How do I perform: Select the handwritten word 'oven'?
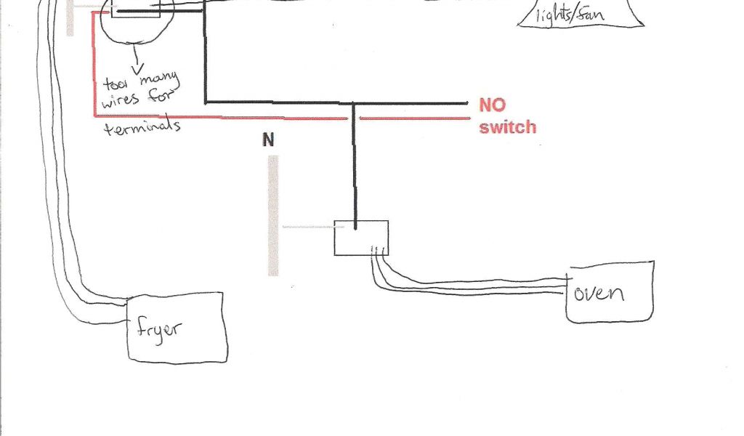pos(599,293)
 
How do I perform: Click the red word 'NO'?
pos(492,105)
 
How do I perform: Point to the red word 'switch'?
pos(507,128)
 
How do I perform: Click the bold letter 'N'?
pos(269,140)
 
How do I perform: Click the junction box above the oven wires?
pos(360,238)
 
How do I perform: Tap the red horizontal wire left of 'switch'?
pos(414,117)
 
